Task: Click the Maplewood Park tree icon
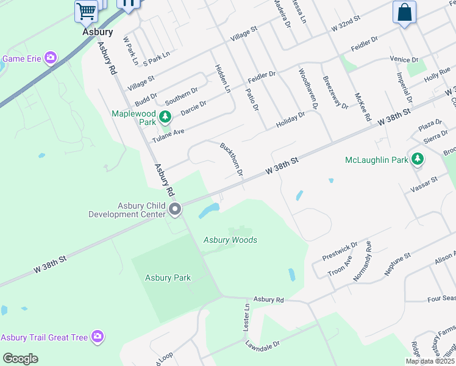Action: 164,117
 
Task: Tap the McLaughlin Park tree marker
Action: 417,160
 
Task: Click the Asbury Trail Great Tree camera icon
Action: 97,337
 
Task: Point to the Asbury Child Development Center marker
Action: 175,210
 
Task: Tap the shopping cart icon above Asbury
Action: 87,10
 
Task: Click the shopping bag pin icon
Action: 404,12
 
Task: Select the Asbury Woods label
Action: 230,240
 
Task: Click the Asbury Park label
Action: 168,278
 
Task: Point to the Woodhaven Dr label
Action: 308,89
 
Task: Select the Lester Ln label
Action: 247,318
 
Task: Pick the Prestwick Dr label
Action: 341,250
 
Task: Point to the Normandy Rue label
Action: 363,260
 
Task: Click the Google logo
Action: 21,358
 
